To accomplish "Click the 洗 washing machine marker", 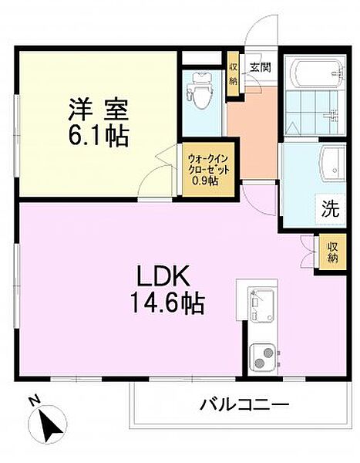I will (330, 207).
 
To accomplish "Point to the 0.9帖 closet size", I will (204, 181).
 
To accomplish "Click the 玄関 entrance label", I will (259, 67).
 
